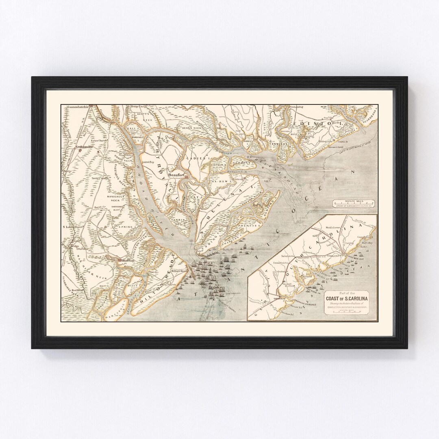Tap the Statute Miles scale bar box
pos(353,203)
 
